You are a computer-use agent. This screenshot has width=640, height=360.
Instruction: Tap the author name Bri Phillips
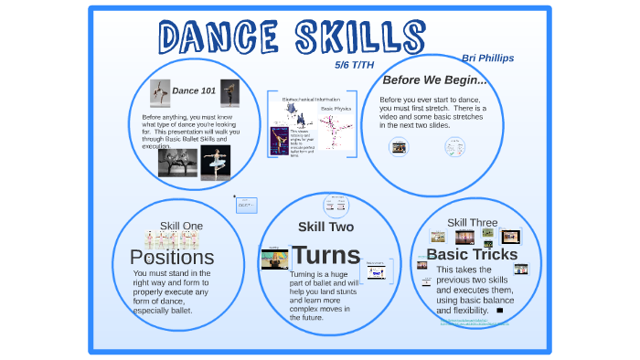pyautogui.click(x=487, y=58)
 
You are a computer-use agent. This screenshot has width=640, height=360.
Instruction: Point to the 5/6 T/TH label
pyautogui.click(x=355, y=65)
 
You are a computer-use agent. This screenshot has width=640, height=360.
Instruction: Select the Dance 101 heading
pyautogui.click(x=194, y=90)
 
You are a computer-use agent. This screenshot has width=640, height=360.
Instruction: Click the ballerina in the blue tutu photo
pyautogui.click(x=216, y=163)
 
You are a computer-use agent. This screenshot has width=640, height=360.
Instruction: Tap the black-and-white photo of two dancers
pyautogui.click(x=177, y=163)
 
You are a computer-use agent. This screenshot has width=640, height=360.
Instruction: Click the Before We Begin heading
pyautogui.click(x=434, y=80)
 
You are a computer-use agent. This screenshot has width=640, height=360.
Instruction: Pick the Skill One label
pyautogui.click(x=181, y=226)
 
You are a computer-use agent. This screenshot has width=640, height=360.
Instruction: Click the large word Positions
pyautogui.click(x=172, y=258)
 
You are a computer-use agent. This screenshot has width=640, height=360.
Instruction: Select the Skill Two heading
pyautogui.click(x=325, y=227)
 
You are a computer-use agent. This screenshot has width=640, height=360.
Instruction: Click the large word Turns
pyautogui.click(x=325, y=255)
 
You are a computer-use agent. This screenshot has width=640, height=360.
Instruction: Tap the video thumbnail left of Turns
pyautogui.click(x=273, y=259)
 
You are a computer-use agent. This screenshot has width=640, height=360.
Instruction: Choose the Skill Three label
pyautogui.click(x=472, y=222)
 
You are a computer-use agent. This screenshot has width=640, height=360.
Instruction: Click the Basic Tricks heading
pyautogui.click(x=472, y=254)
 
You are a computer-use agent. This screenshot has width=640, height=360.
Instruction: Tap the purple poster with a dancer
pyautogui.click(x=281, y=141)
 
